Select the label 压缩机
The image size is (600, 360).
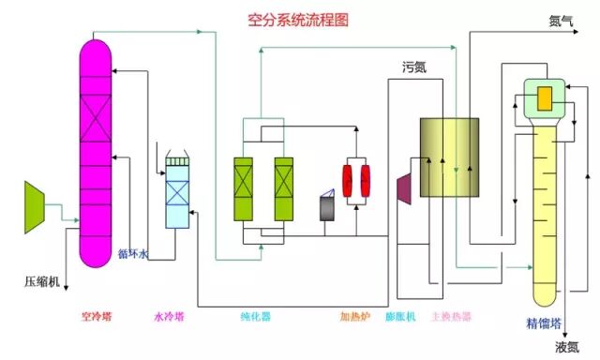42,280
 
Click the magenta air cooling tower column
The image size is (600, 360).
94,150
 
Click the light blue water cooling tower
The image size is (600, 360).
177,192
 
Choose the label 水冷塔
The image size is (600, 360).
171,317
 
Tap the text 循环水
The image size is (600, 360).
132,253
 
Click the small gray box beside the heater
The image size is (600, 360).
327,208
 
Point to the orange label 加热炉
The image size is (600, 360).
356,317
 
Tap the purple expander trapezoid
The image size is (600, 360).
406,186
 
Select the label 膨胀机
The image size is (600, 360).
401,317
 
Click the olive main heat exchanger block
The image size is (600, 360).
448,157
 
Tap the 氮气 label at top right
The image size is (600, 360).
561,21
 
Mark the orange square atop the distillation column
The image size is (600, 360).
544,97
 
